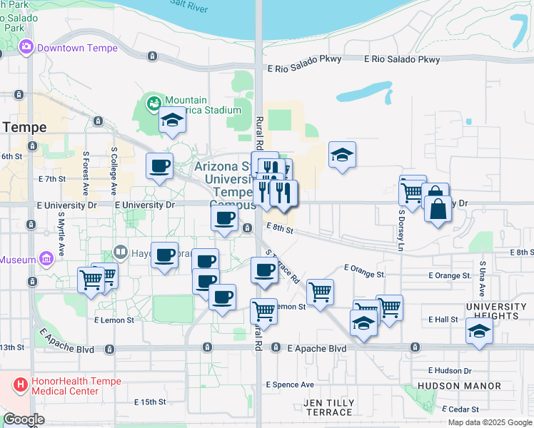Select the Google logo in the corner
point(24,419)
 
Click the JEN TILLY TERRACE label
point(329,408)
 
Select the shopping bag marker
point(438,210)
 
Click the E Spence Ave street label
point(290,384)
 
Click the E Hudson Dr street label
point(450,370)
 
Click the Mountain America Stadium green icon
point(153,105)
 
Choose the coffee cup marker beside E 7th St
point(159,166)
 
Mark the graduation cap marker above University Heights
point(479,330)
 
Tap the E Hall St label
point(443,320)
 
